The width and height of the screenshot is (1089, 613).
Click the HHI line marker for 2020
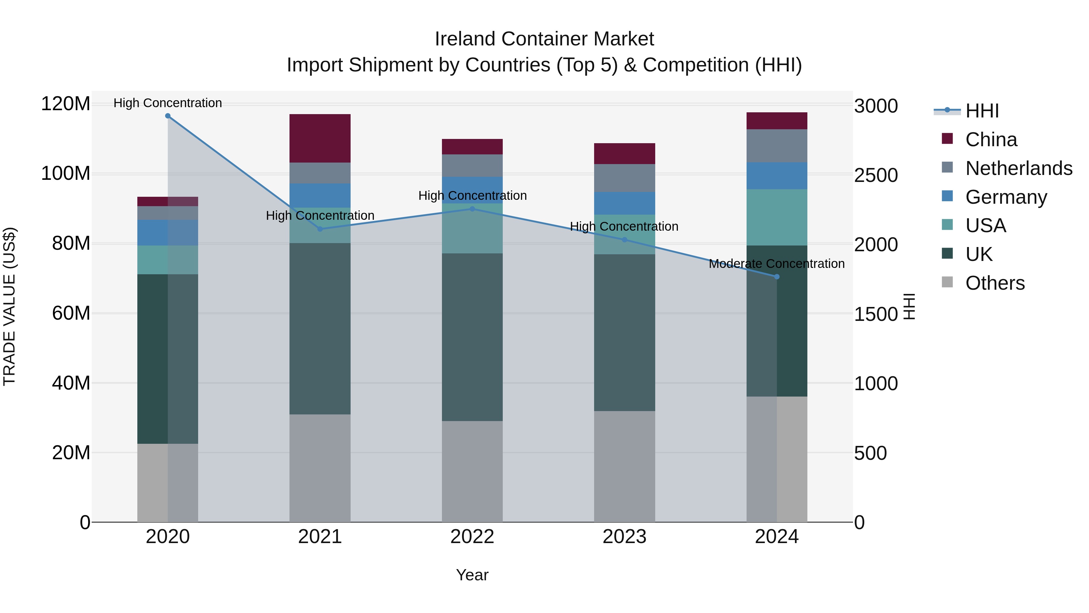tap(168, 116)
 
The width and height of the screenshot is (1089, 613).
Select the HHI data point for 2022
tap(472, 209)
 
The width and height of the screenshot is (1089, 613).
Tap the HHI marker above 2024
tap(777, 277)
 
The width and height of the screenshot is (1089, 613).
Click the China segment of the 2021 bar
tap(320, 138)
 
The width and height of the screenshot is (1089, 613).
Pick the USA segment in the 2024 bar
tap(777, 217)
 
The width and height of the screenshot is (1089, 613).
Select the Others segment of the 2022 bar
tap(472, 471)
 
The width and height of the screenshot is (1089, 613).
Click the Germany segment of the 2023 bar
tap(624, 203)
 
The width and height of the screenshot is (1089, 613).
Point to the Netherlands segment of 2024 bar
tap(777, 146)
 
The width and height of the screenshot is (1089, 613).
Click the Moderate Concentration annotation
tap(777, 264)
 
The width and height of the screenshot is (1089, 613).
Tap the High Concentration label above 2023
tap(624, 226)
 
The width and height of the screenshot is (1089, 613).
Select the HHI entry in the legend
tap(982, 111)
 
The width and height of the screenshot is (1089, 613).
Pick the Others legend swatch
tap(947, 282)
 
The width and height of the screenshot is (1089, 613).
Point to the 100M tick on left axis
tap(66, 173)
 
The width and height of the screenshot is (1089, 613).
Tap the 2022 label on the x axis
tap(472, 537)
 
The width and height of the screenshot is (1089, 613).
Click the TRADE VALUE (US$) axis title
tap(9, 306)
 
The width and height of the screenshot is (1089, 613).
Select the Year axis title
tap(472, 575)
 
